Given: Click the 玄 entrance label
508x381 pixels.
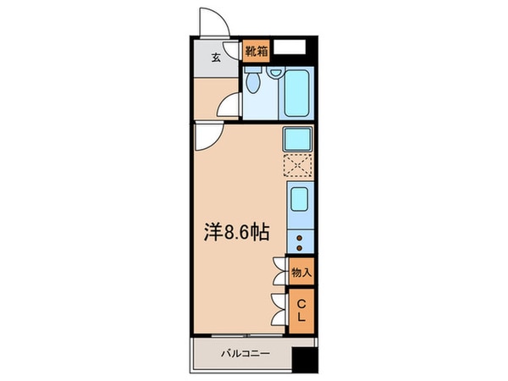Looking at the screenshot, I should (215, 58).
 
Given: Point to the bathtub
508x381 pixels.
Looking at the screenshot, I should (296, 91).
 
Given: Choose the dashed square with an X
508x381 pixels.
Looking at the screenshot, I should (298, 166).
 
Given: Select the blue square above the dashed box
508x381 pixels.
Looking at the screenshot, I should (298, 139).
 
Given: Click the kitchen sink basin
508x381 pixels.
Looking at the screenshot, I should (300, 202).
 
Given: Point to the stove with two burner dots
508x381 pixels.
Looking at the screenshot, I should (300, 240).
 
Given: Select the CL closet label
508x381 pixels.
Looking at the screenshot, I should (301, 309).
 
